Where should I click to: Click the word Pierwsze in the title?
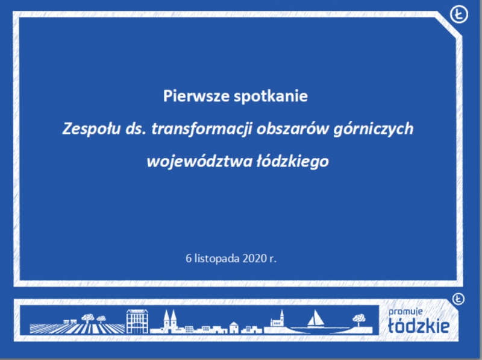click(196, 96)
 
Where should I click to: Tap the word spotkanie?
click(271, 96)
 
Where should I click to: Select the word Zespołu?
click(92, 128)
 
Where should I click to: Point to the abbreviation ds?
click(135, 128)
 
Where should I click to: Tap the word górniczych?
click(373, 129)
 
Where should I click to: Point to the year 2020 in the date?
click(254, 259)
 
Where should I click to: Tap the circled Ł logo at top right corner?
click(459, 14)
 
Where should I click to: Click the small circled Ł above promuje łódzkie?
click(458, 298)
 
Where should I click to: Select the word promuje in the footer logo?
click(405, 312)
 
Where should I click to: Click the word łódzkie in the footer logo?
click(418, 326)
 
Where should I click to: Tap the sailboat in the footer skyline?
click(315, 318)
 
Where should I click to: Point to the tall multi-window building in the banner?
click(137, 321)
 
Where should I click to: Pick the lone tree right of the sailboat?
click(358, 320)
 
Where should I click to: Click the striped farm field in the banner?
click(77, 328)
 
